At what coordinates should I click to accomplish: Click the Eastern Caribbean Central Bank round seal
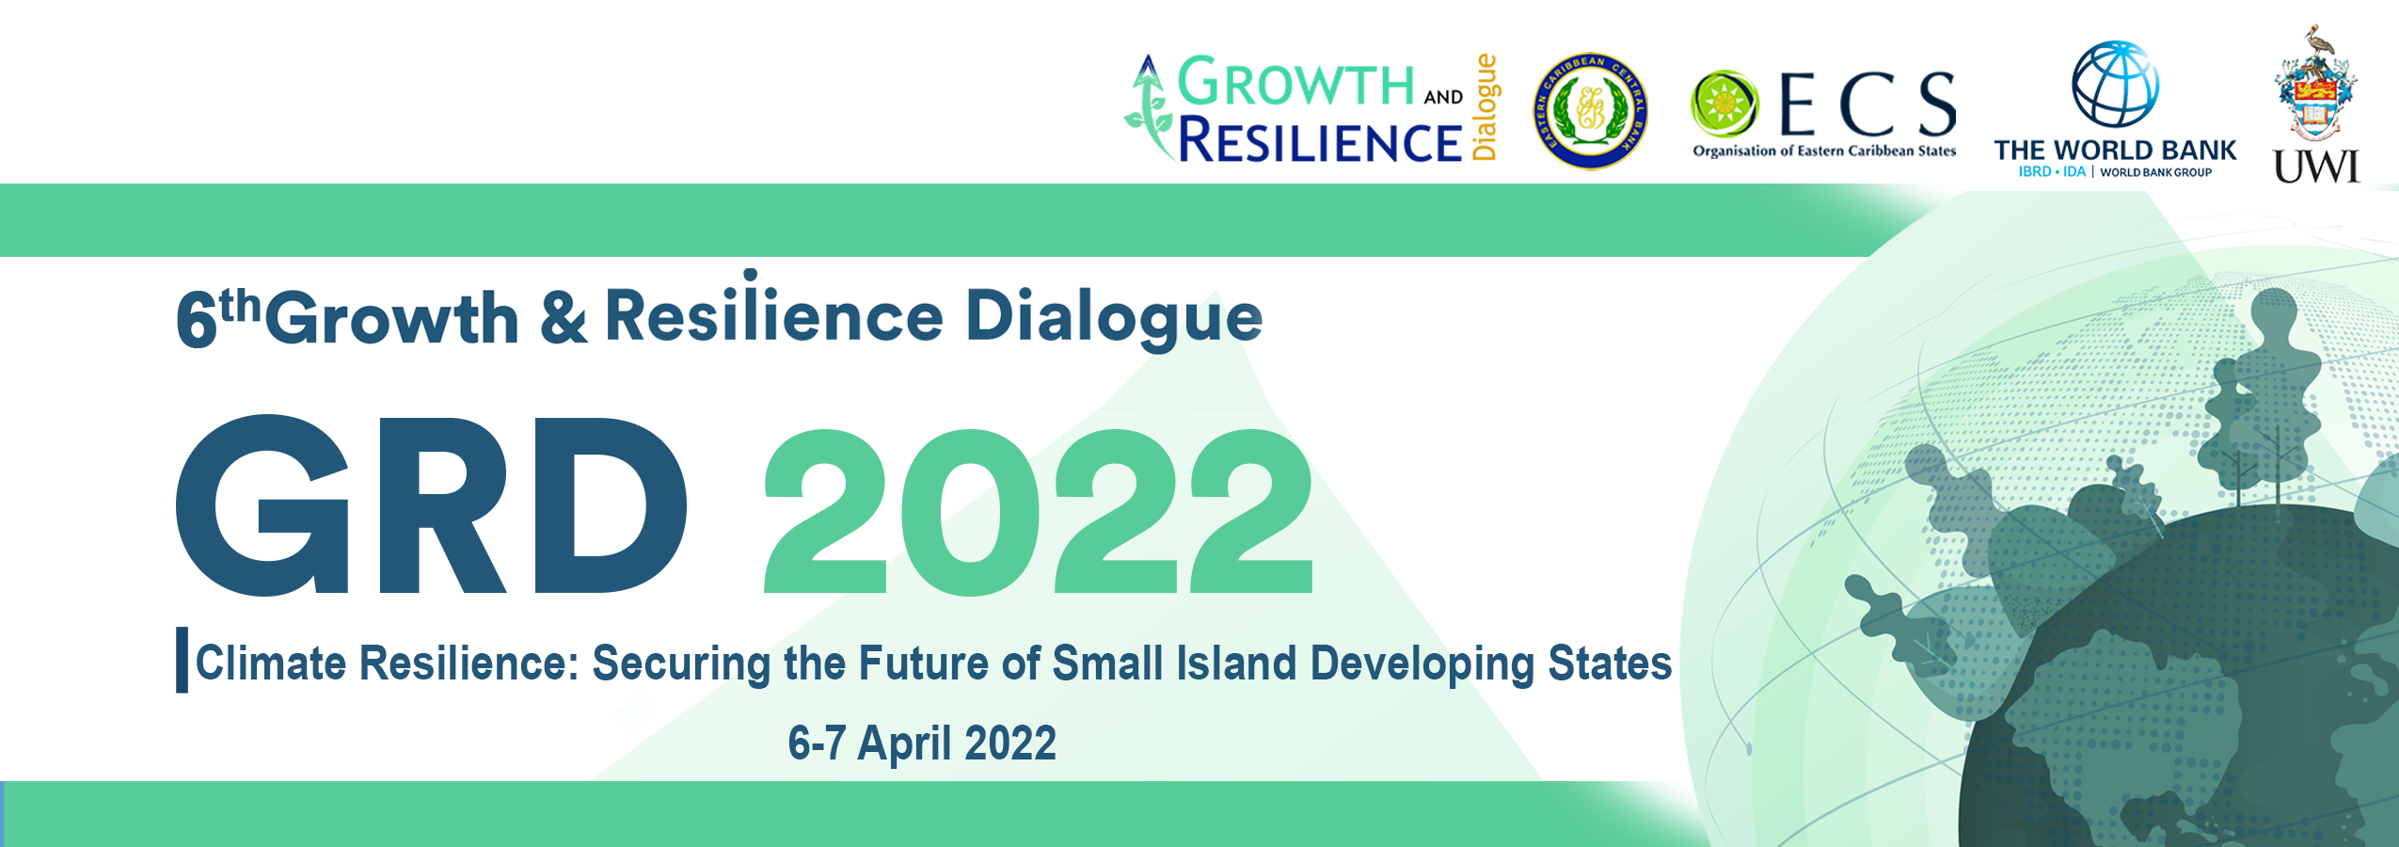(1590, 111)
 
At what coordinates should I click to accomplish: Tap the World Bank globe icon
(2115, 85)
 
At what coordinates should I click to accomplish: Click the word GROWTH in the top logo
(1296, 82)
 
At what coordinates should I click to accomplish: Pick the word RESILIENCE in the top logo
(1320, 140)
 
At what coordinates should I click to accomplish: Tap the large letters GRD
(431, 505)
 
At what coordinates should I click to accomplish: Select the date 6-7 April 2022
(922, 743)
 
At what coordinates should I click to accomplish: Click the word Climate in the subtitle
(271, 663)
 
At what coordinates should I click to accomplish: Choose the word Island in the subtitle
(1236, 663)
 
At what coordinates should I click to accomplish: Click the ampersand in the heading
(564, 317)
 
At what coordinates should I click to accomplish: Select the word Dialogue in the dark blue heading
(1114, 317)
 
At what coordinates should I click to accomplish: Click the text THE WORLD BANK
(2115, 151)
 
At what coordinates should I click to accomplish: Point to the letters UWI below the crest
(2316, 168)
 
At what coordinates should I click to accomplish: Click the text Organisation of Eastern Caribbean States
(1824, 151)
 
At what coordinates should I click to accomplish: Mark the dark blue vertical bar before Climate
(182, 660)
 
